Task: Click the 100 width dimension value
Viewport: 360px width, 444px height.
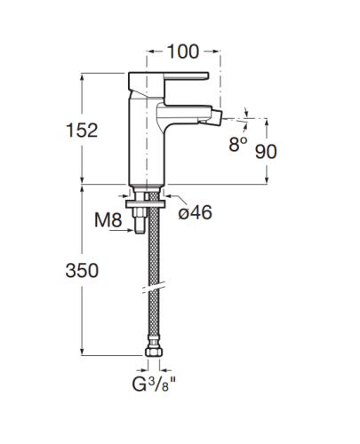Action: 183,52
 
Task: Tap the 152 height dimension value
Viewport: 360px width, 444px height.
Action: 82,131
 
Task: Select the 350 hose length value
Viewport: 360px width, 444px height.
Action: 82,271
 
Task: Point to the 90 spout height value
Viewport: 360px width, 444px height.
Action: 266,152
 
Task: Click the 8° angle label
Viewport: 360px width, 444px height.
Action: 238,144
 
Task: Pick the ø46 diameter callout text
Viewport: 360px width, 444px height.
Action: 196,212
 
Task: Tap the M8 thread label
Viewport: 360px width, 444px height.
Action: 108,220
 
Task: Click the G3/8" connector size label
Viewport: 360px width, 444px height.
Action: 154,385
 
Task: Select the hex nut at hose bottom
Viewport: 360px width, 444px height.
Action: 154,352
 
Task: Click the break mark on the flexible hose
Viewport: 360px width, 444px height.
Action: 154,289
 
